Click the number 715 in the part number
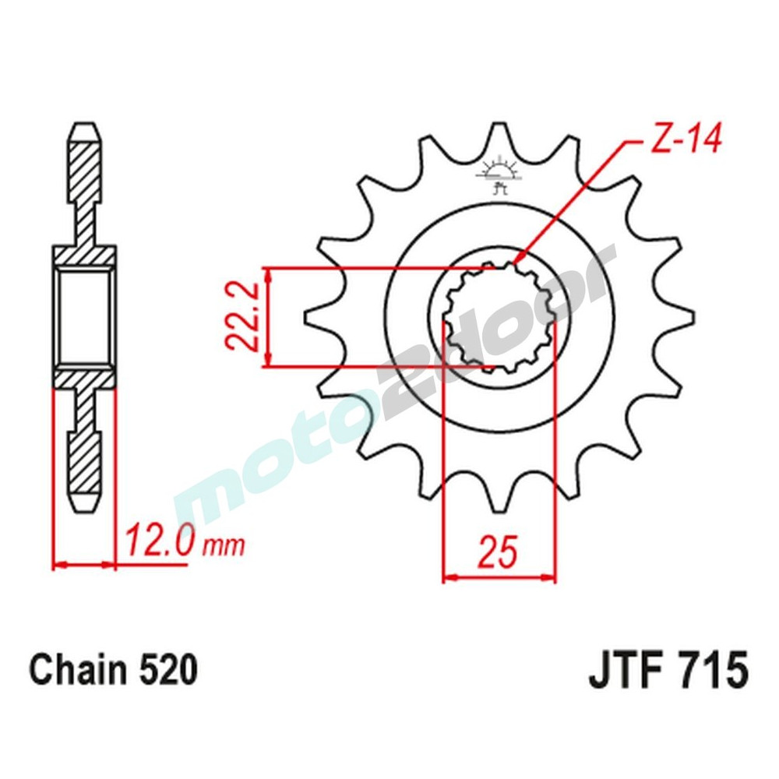[713, 671]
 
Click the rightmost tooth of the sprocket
[683, 318]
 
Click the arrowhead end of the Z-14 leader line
[516, 262]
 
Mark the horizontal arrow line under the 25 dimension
[499, 579]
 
